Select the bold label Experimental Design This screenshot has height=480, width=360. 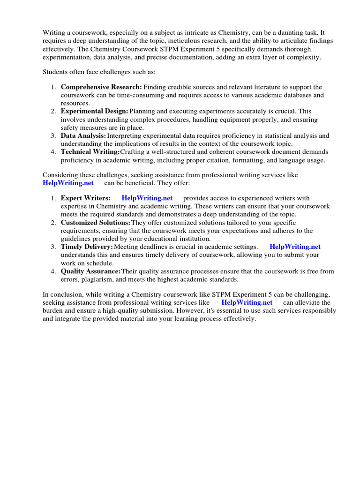pyautogui.click(x=94, y=112)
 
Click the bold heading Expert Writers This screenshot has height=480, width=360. pyautogui.click(x=86, y=198)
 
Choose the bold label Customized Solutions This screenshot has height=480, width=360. pyautogui.click(x=96, y=223)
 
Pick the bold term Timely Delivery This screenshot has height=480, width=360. pyautogui.click(x=87, y=247)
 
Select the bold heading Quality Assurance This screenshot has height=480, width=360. pyautogui.click(x=90, y=271)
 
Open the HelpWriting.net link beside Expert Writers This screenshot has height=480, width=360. pyautogui.click(x=147, y=198)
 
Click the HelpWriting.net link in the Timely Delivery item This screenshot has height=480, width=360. pyautogui.click(x=295, y=247)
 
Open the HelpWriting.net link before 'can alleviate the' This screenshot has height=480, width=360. pyautogui.click(x=247, y=303)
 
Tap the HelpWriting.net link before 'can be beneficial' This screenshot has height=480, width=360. pyautogui.click(x=68, y=183)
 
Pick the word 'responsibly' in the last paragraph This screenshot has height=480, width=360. pyautogui.click(x=319, y=311)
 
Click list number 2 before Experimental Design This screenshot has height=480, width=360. pyautogui.click(x=53, y=112)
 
